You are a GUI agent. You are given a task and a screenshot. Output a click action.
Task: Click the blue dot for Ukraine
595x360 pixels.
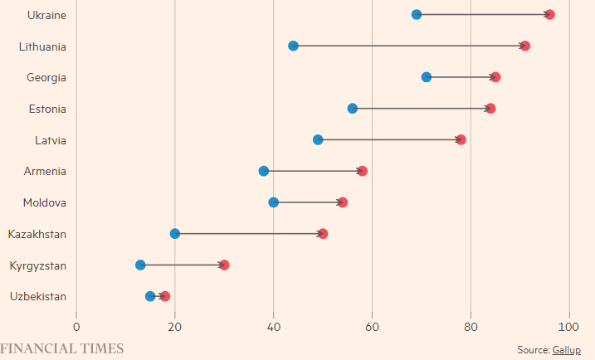click(417, 15)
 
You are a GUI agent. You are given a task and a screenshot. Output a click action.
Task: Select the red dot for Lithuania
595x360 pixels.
click(525, 46)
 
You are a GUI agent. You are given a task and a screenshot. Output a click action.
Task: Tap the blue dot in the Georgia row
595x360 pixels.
click(427, 77)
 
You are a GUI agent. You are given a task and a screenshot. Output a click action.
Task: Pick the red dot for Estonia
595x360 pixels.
click(490, 109)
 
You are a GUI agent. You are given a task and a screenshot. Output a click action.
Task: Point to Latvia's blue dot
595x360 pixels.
click(318, 139)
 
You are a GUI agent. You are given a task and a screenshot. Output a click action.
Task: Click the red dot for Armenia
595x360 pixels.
click(363, 171)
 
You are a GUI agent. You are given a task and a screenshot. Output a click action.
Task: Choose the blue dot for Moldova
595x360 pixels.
click(274, 202)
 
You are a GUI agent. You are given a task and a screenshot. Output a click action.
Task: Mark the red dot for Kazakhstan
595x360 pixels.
click(323, 234)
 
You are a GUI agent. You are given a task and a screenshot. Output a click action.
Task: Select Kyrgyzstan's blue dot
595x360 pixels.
click(140, 265)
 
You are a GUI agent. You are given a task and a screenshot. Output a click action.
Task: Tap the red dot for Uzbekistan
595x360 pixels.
click(165, 296)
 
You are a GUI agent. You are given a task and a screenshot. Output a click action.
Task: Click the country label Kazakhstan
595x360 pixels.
click(37, 234)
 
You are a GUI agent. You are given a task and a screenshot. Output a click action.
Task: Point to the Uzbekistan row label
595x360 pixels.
click(38, 296)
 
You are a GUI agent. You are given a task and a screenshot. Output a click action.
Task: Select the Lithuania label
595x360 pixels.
click(42, 46)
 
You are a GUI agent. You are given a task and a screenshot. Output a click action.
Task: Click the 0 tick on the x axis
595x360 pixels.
click(76, 327)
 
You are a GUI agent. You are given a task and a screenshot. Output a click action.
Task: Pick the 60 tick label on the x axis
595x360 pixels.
click(373, 327)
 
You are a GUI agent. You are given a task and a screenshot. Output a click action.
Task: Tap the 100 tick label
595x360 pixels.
click(568, 327)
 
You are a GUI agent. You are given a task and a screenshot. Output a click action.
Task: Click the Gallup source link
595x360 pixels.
click(567, 350)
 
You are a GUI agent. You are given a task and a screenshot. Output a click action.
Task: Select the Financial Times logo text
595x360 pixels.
click(62, 348)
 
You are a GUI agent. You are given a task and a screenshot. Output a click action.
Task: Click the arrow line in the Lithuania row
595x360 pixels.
click(409, 46)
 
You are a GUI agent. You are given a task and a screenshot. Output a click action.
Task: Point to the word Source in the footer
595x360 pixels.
click(534, 350)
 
